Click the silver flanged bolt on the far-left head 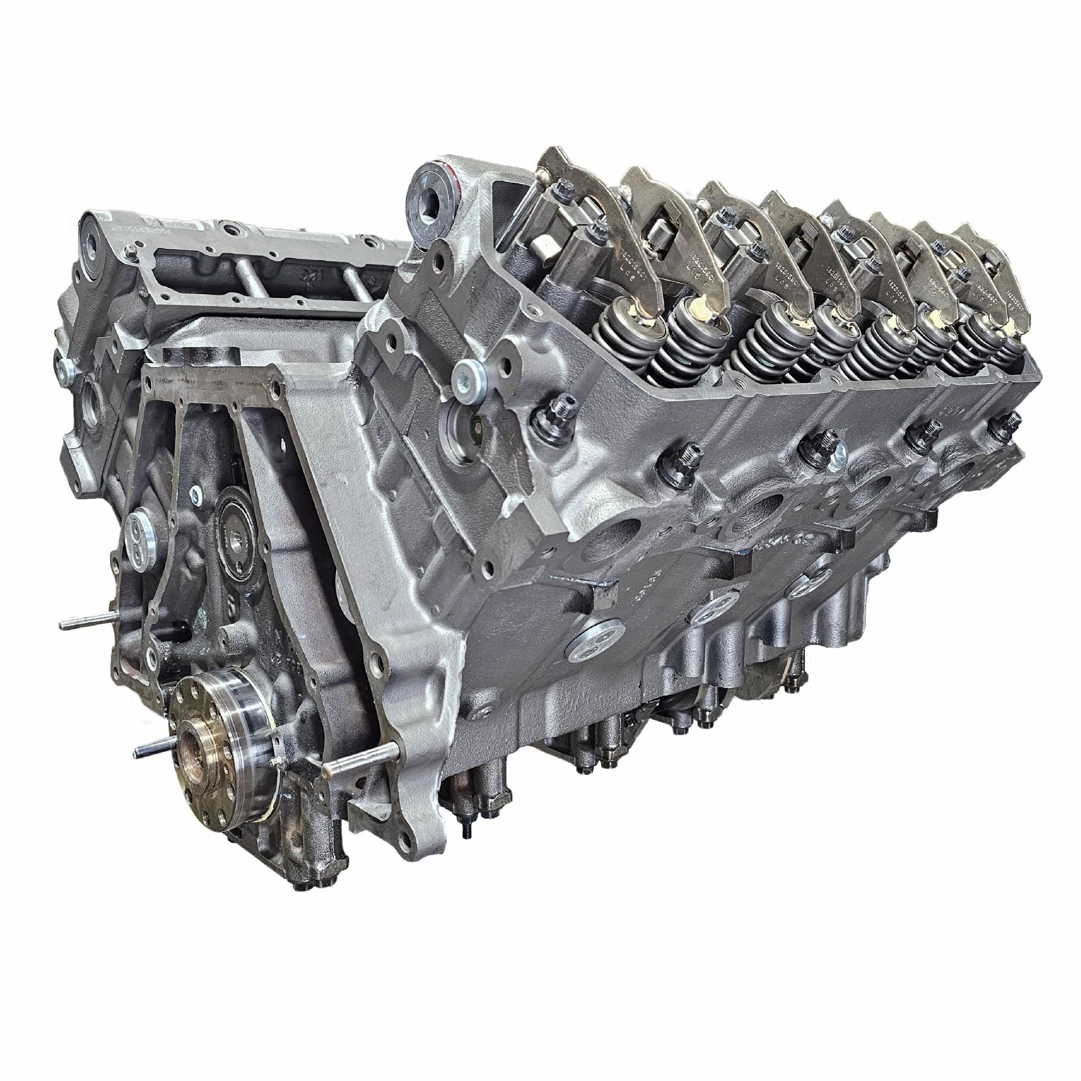pos(65,367)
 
